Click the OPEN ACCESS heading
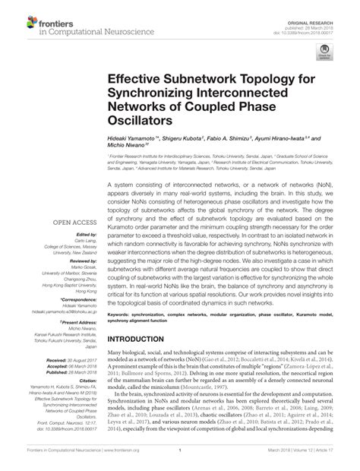(x=69, y=222)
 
